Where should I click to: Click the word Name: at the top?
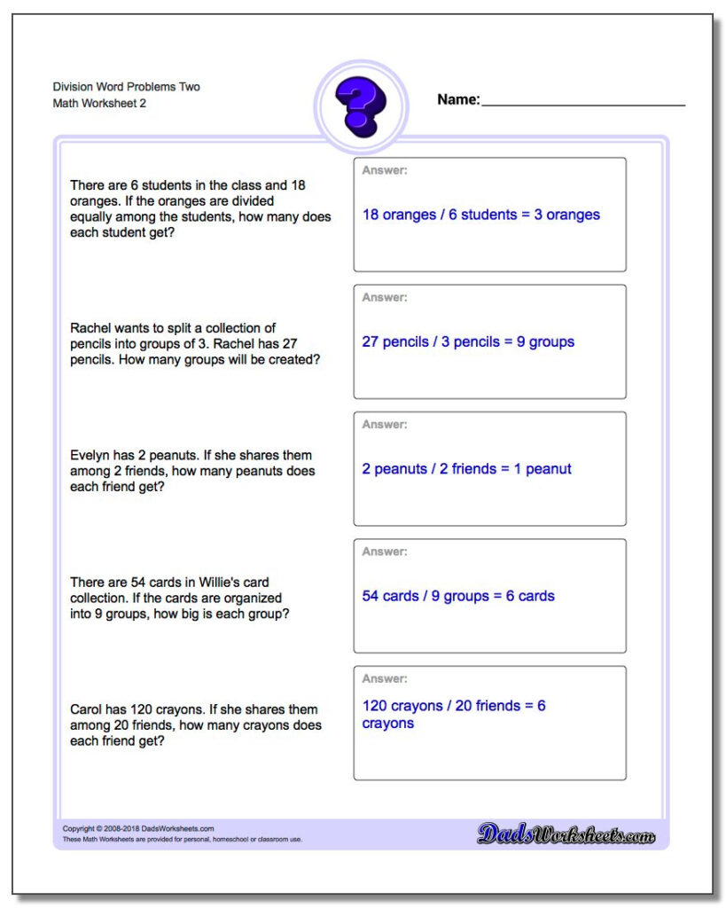pos(458,100)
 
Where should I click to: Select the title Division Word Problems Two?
pos(127,87)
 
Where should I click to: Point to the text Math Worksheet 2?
pos(100,104)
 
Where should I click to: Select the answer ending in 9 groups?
pos(468,341)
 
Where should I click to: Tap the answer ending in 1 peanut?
pos(466,469)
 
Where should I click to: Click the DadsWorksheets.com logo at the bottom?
pos(566,834)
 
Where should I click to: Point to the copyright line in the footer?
pos(138,829)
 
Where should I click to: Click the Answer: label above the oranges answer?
pos(385,170)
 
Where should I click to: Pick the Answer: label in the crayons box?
pos(385,678)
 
